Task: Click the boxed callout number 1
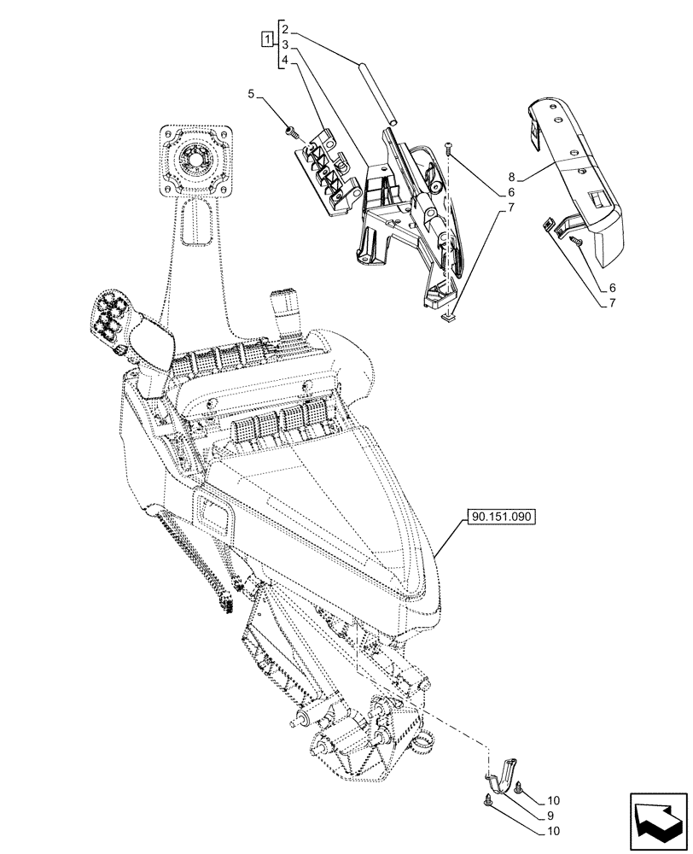[268, 40]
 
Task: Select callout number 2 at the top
[288, 28]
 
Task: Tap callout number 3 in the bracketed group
[288, 44]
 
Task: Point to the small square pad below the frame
[449, 319]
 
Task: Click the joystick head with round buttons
[112, 322]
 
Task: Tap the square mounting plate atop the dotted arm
[195, 159]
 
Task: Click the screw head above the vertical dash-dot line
[449, 149]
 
